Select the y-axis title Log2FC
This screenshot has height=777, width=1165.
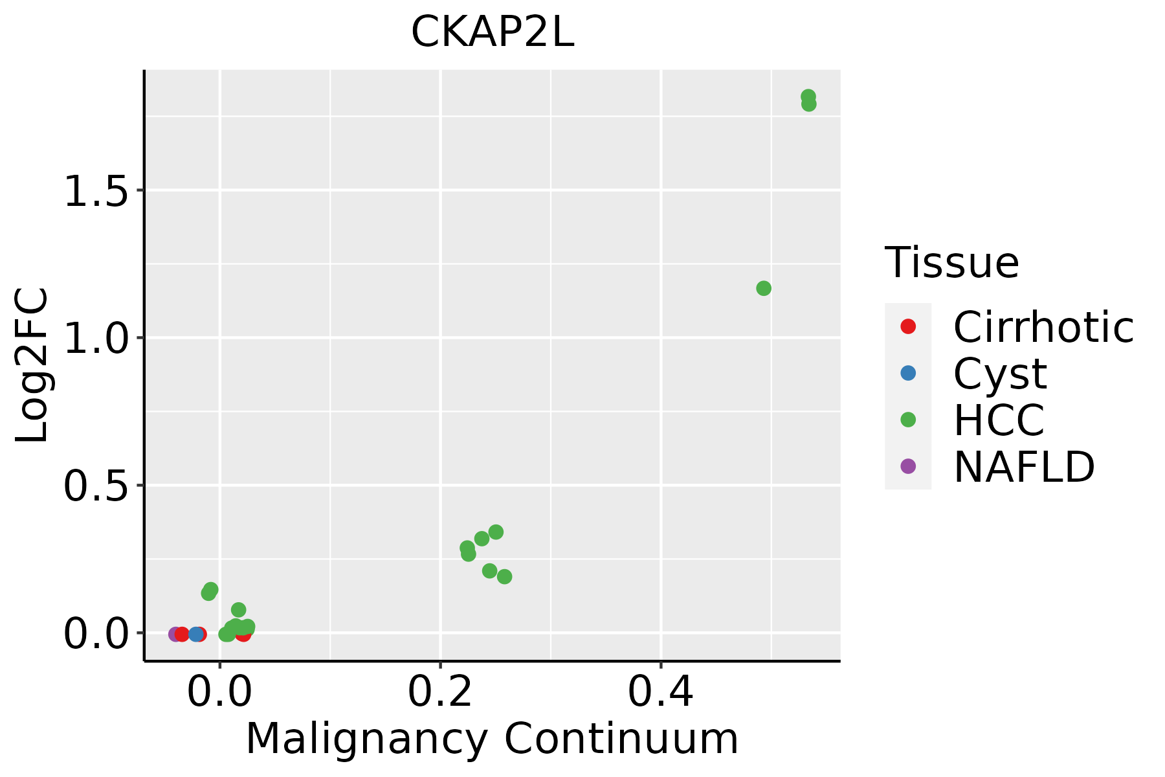(32, 366)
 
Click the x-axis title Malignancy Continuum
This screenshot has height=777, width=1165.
(492, 739)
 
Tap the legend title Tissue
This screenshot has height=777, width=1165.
(952, 262)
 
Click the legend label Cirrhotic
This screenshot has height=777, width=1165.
(1043, 327)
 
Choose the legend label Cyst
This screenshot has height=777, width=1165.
(1000, 374)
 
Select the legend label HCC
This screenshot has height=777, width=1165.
(999, 420)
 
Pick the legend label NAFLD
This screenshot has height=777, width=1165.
(1025, 467)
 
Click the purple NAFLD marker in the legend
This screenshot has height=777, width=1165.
(908, 466)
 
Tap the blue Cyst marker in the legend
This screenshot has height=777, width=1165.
(908, 373)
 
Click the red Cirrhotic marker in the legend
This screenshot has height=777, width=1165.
(908, 326)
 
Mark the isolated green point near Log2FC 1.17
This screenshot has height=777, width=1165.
(764, 288)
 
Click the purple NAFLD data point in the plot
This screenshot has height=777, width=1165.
(175, 634)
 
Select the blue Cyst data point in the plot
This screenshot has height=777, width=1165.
(196, 634)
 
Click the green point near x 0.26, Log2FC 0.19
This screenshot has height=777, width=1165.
(504, 576)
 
